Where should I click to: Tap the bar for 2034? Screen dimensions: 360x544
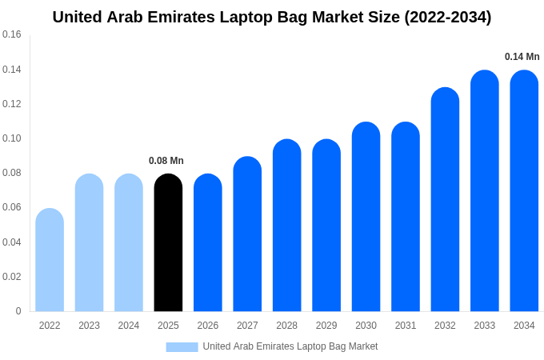pos(524,191)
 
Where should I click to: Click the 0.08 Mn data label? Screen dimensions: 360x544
pos(166,161)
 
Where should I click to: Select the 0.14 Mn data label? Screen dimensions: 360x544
pos(522,57)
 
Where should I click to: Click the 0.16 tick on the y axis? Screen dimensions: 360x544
pos(12,34)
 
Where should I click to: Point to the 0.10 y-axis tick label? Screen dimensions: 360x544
pos(12,138)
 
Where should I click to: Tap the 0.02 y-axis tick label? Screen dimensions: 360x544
pos(12,277)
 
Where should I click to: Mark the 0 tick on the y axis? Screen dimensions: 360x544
pos(18,311)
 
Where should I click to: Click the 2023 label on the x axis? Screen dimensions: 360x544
pos(89,326)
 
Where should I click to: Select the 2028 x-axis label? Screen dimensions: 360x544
pos(286,326)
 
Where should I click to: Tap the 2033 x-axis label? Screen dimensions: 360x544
pos(484,326)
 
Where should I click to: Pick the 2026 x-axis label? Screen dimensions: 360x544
pos(208,326)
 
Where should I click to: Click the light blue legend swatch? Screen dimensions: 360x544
pos(182,347)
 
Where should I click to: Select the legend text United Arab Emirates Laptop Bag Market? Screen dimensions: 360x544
pos(290,346)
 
